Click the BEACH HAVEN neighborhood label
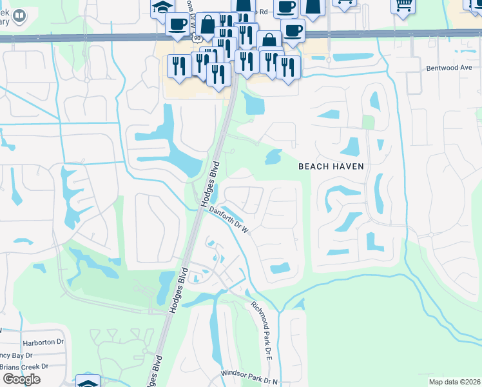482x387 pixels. pyautogui.click(x=331, y=166)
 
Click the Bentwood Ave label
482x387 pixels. pyautogui.click(x=449, y=68)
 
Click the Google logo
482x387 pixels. pyautogui.click(x=21, y=379)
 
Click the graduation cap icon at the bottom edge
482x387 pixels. pyautogui.click(x=88, y=382)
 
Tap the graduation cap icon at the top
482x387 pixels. pyautogui.click(x=162, y=8)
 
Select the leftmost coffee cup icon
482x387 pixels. pyautogui.click(x=177, y=25)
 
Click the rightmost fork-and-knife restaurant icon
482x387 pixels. pyautogui.click(x=288, y=66)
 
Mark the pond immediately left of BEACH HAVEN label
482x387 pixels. pyautogui.click(x=273, y=156)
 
